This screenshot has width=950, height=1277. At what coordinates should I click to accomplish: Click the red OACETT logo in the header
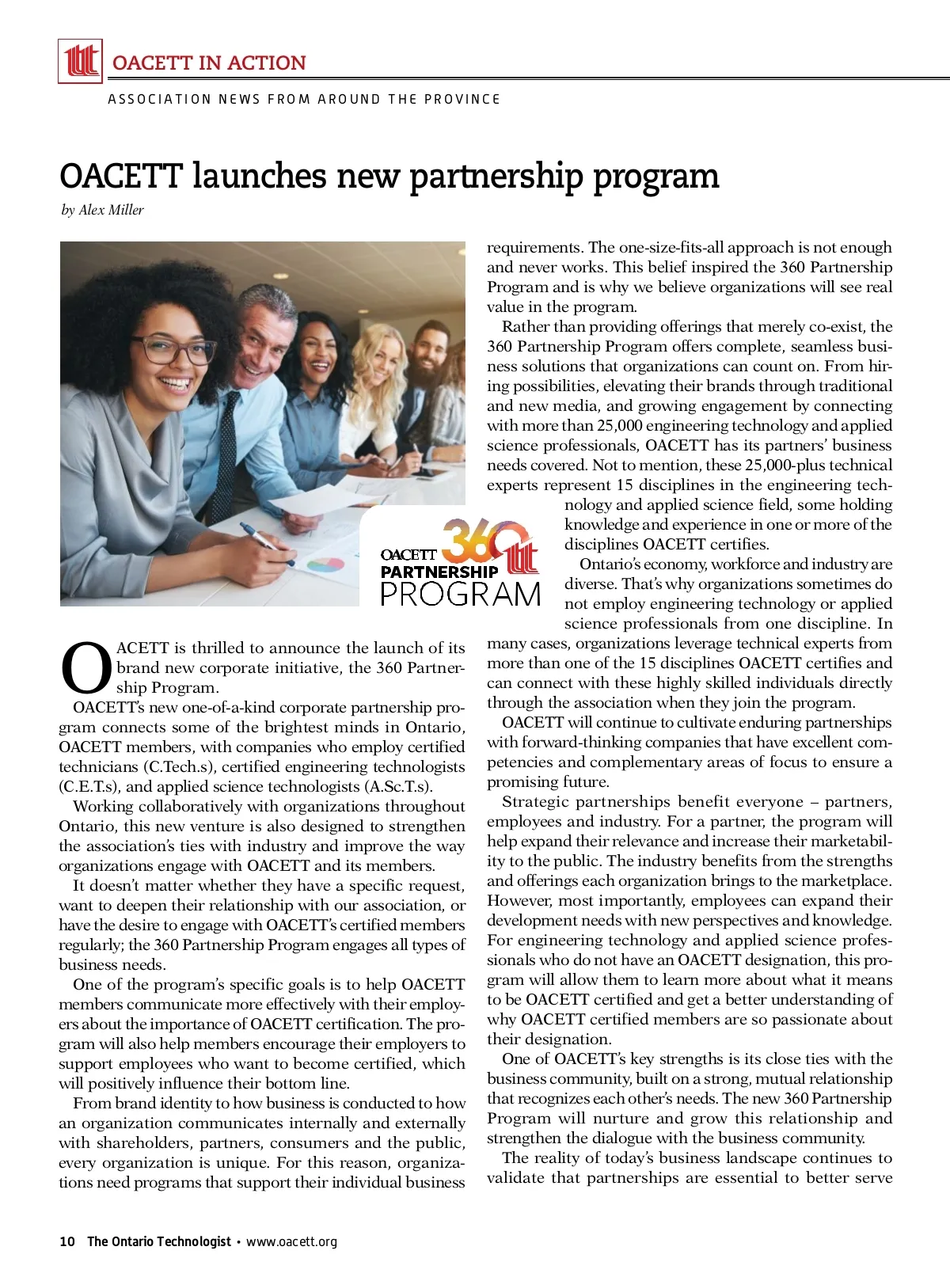(x=81, y=61)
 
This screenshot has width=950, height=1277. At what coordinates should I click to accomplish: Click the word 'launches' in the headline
(x=260, y=176)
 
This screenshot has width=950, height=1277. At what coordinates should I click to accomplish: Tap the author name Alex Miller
(x=112, y=210)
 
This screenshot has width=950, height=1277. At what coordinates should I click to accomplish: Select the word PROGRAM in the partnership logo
(x=461, y=595)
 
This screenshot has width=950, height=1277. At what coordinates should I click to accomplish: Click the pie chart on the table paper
(x=325, y=565)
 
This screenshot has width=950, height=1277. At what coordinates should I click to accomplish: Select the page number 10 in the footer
(x=67, y=1241)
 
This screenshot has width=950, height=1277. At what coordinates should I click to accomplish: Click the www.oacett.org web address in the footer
(x=291, y=1241)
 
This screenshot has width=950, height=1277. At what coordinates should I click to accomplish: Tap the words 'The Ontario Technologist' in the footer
(x=159, y=1241)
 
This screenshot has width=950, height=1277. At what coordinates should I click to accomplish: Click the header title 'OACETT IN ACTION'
(x=209, y=63)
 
